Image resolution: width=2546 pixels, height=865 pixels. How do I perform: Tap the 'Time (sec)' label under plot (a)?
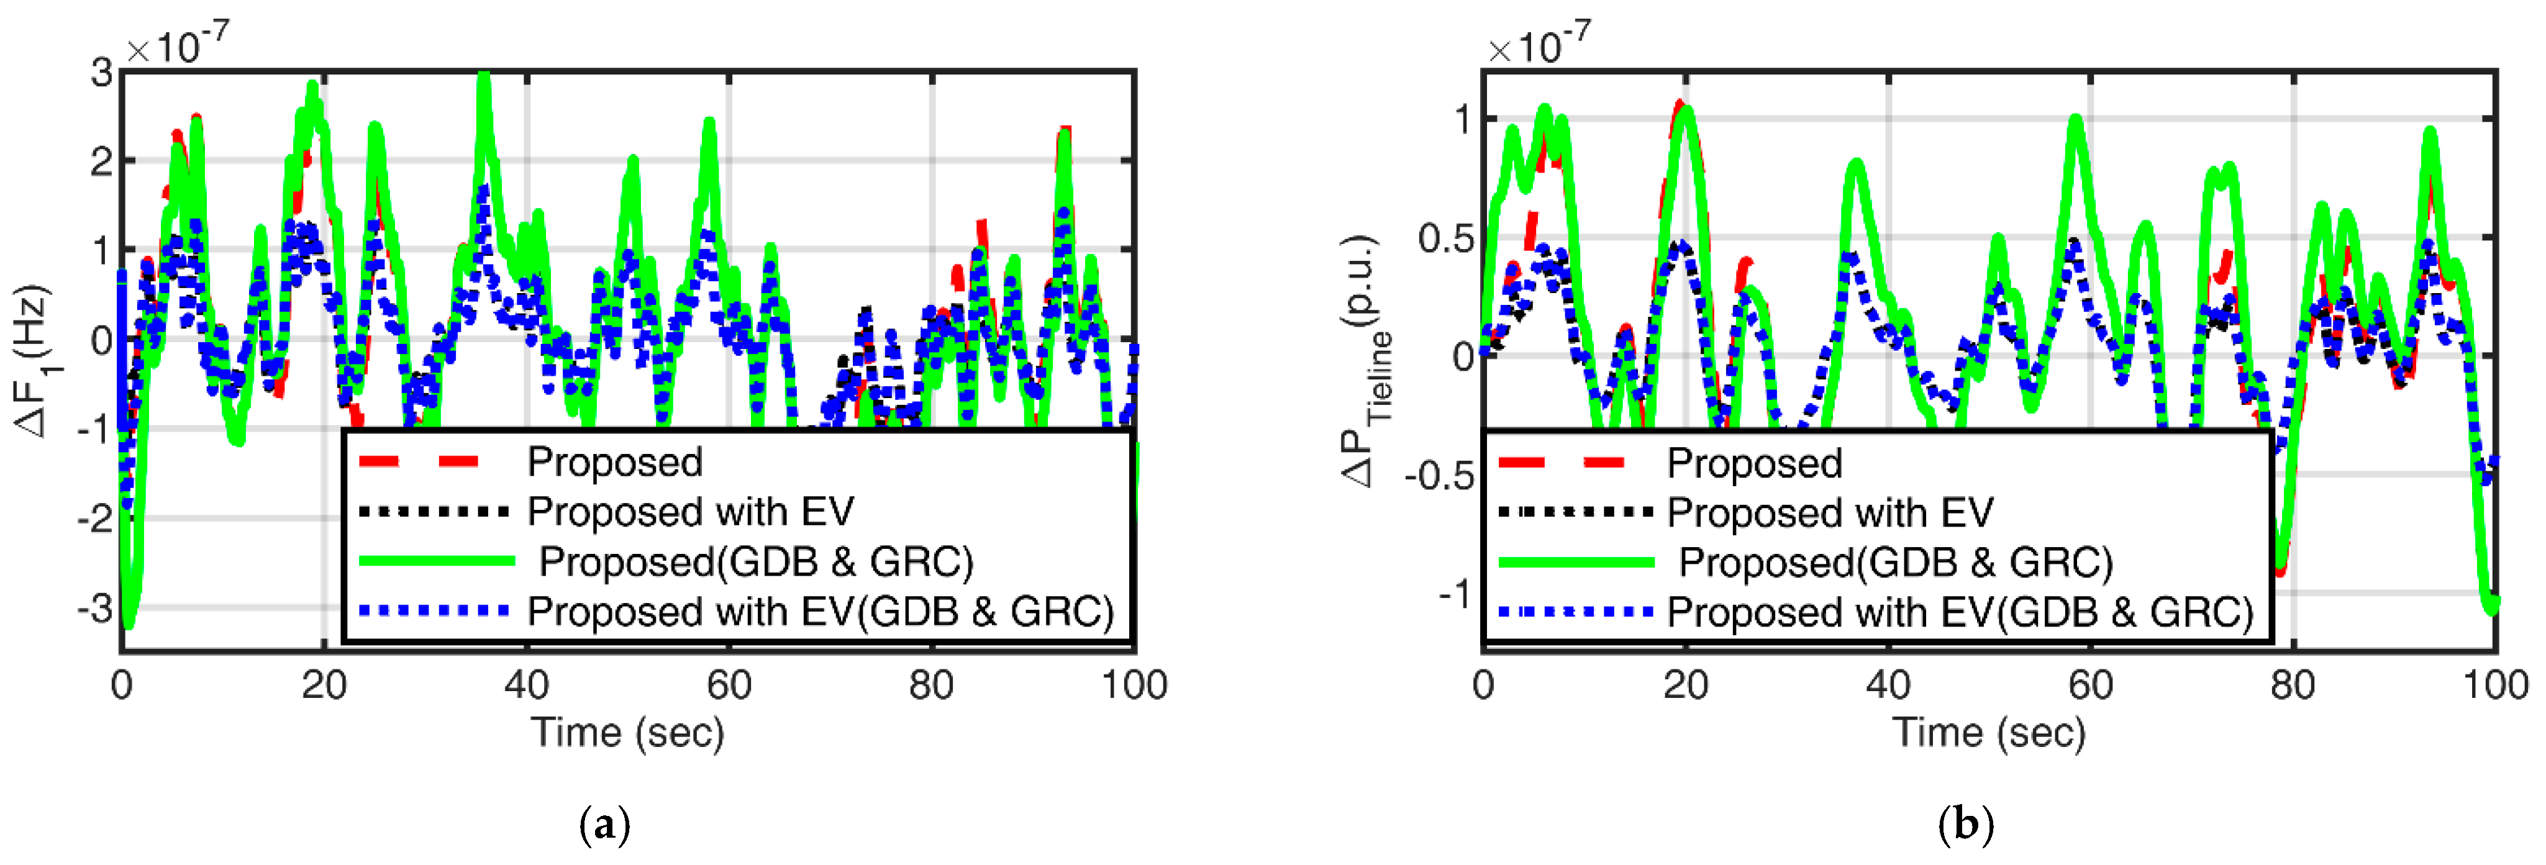(x=627, y=733)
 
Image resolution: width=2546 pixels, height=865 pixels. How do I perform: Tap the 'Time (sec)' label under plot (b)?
(x=1989, y=733)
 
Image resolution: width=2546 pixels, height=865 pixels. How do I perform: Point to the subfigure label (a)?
(x=604, y=823)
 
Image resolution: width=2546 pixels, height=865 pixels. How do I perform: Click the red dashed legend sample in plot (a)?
(x=419, y=461)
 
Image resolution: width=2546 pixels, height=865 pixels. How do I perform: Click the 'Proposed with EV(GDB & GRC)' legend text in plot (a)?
(x=821, y=612)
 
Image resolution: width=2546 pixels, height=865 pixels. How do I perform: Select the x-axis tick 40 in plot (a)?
(x=526, y=685)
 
